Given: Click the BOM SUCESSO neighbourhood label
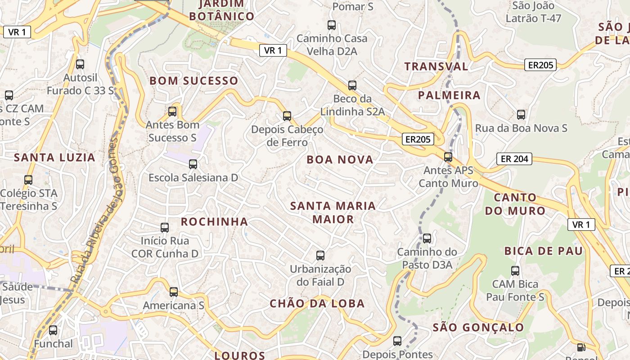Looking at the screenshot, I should point(193,81).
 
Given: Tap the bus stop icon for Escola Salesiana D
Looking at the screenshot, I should point(193,164).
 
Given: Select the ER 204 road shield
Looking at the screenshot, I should point(514,158).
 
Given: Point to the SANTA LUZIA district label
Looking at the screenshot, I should point(54,157).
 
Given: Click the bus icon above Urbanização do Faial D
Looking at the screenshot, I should point(320,256).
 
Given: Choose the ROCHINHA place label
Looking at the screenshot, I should point(214,221).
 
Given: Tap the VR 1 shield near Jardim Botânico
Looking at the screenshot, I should point(273,50).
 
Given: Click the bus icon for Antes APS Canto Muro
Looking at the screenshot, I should point(448,157).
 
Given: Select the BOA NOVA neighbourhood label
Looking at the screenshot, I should point(340,160).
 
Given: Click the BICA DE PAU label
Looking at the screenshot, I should point(543,251).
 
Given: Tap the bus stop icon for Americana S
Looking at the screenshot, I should point(174,292).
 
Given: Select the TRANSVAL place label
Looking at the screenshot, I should point(436,67).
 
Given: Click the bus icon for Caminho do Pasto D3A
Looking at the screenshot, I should point(427,238).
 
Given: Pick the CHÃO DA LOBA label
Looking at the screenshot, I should point(317,304).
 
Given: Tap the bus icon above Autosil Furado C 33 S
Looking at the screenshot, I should point(80,64).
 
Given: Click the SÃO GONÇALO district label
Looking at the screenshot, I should point(478,328).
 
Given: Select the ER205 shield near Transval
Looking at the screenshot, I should point(540,65).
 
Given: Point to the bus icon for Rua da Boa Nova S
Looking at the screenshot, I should point(521,114).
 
